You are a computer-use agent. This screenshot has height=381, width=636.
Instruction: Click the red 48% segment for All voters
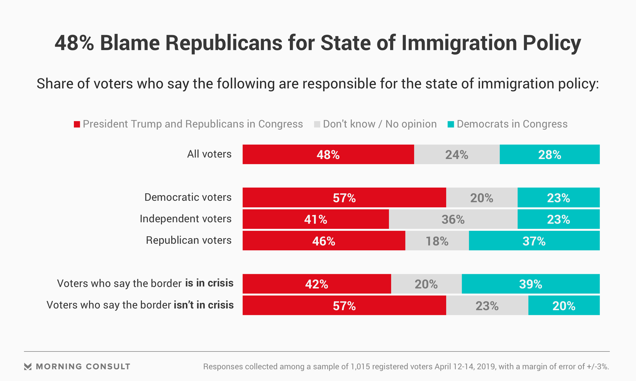(x=328, y=154)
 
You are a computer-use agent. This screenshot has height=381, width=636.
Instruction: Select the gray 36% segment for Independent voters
(x=453, y=219)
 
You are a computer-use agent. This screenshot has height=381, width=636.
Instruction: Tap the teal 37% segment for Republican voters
(x=534, y=241)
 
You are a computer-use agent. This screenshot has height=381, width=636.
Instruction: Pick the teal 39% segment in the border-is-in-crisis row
(x=530, y=284)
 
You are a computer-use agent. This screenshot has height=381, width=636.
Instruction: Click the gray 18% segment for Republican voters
(x=437, y=241)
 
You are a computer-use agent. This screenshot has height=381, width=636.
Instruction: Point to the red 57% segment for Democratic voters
(x=344, y=198)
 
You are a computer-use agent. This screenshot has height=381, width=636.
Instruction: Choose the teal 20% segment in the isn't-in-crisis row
(x=564, y=306)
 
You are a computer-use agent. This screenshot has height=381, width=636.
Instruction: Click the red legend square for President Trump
(x=77, y=124)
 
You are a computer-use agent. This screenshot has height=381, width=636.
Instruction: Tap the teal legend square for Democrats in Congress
(x=451, y=124)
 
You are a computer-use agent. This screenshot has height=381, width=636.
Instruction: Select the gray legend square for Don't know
(x=317, y=124)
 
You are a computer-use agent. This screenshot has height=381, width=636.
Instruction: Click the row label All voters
(x=209, y=154)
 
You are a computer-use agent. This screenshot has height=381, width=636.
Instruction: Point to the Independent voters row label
(x=185, y=219)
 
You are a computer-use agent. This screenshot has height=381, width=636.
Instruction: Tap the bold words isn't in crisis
(x=204, y=305)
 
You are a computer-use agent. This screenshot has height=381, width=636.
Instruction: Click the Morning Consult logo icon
(x=28, y=366)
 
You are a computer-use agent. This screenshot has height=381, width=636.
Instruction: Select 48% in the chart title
(x=74, y=43)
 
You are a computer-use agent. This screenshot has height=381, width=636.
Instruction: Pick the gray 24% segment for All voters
(x=456, y=154)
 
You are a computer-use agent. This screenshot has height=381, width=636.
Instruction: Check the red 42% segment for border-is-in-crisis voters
(x=317, y=284)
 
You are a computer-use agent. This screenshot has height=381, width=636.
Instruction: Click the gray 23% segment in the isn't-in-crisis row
(x=487, y=306)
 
